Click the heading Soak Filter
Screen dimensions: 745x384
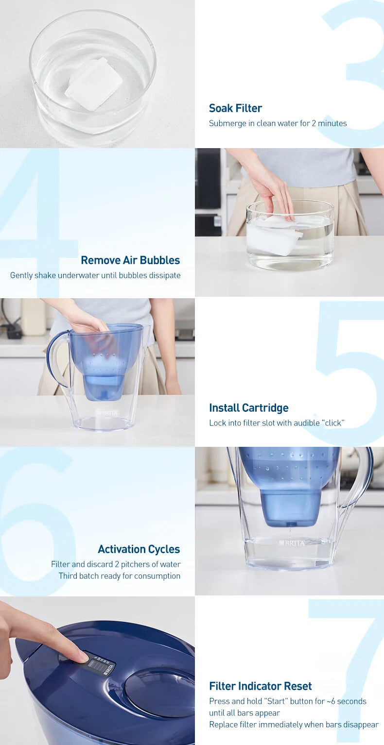[235, 108]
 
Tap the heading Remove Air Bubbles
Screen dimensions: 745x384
[130, 260]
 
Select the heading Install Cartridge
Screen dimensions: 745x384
[248, 408]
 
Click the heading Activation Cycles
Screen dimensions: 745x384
[139, 549]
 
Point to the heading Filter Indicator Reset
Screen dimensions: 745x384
[260, 686]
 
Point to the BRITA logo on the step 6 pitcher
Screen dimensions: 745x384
[292, 543]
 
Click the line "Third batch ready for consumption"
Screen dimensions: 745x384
[120, 576]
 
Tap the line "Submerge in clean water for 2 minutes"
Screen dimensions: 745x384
[278, 123]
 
